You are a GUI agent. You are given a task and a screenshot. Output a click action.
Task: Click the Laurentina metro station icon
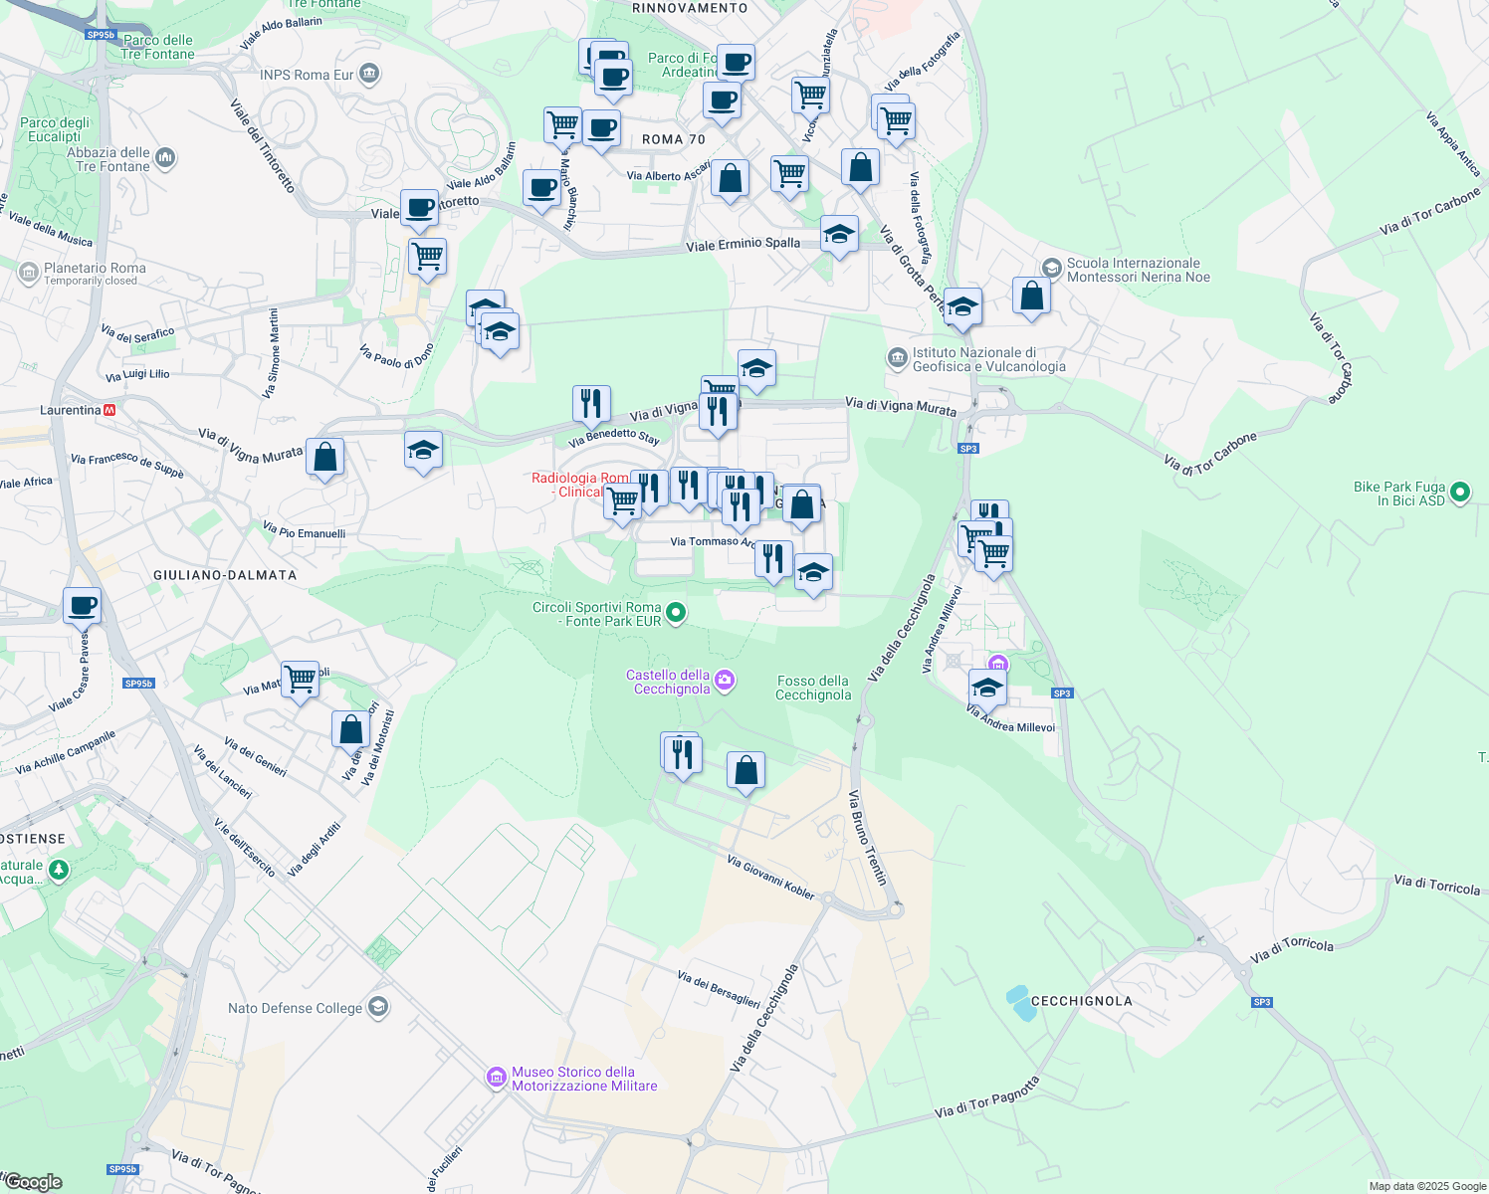coord(109,410)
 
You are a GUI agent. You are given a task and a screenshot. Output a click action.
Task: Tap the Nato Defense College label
coord(296,1008)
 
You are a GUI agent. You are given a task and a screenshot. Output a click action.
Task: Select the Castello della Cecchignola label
coord(668,682)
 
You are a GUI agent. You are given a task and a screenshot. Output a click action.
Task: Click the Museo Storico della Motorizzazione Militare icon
coord(496,1078)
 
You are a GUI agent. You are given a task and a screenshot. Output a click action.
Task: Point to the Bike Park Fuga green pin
coord(1460,493)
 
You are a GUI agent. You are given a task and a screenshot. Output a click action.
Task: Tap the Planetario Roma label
coord(95,269)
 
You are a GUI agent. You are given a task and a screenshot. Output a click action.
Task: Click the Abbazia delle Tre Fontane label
coord(108,159)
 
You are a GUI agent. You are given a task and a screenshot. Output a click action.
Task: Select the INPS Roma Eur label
coord(307,75)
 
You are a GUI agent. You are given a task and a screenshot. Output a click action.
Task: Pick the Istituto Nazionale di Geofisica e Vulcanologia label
coord(988,359)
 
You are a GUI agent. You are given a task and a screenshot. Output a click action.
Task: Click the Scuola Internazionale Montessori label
coord(1138,270)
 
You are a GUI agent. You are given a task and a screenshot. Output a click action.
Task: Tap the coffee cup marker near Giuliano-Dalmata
coord(83,605)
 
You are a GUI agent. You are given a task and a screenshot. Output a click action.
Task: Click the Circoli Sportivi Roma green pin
coord(676,613)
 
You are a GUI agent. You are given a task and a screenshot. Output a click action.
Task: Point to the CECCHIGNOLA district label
coord(1081,1001)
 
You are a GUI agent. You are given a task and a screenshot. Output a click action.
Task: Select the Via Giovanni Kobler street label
coord(771,878)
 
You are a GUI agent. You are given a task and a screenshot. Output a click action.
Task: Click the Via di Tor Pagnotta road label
coord(987,1096)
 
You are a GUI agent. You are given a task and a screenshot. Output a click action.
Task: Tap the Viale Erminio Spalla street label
coord(743,244)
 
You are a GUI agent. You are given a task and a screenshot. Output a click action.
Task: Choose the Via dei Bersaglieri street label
coord(719,989)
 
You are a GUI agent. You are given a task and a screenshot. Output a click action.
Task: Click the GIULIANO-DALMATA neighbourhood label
coord(225,575)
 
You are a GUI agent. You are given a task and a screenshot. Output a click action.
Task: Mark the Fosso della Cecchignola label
coord(813,688)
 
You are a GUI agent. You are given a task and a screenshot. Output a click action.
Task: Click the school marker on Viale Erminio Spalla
coord(839,235)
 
